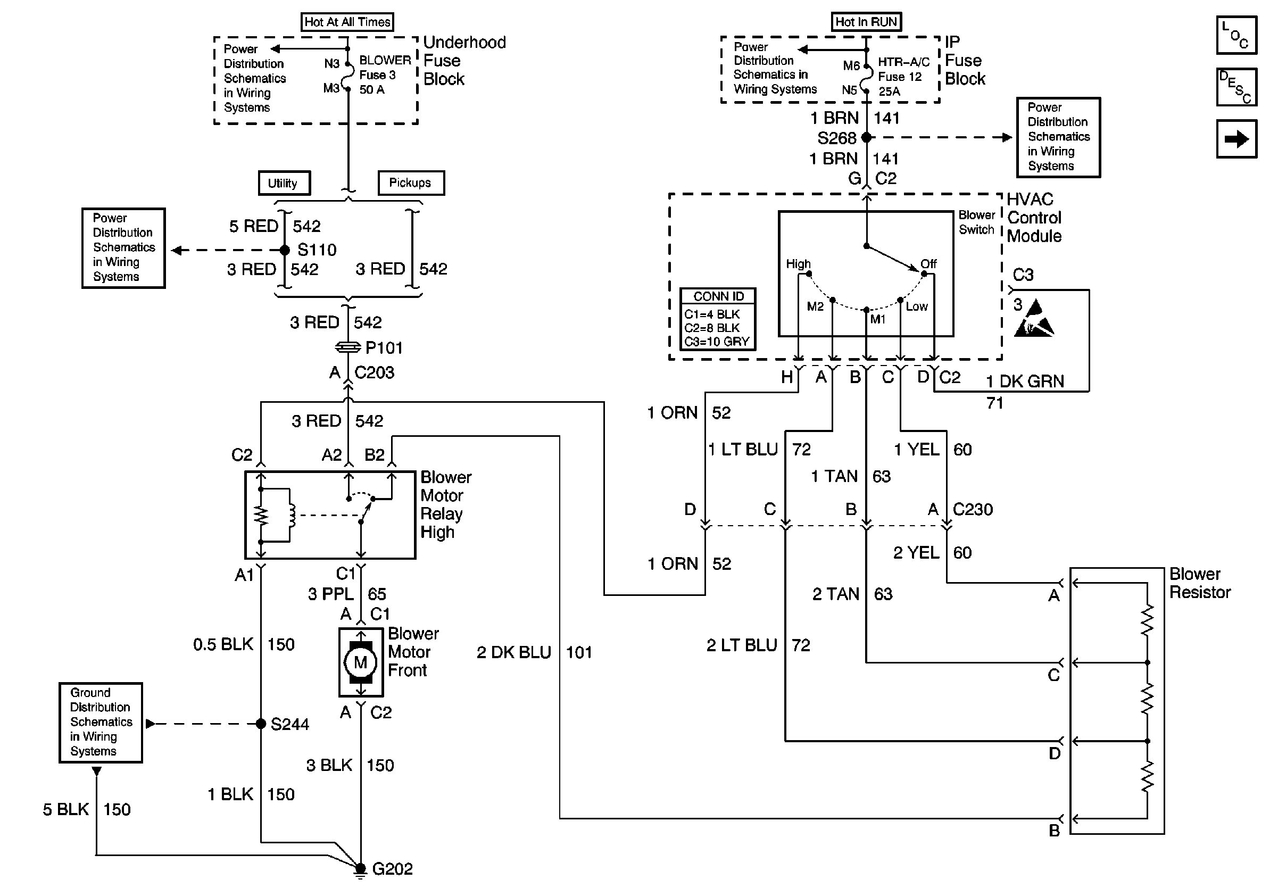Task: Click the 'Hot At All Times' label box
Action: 347,22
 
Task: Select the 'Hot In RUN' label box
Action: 866,22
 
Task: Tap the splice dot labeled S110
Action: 285,250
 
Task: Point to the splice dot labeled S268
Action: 866,137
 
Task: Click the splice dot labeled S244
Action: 261,724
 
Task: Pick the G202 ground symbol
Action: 361,869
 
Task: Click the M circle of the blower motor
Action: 360,662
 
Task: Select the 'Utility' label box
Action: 284,183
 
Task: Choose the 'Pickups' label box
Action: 411,183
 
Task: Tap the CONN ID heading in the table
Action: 718,296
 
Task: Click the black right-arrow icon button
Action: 1236,138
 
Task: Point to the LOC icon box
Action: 1236,35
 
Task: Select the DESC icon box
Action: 1236,87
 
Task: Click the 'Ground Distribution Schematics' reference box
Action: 101,722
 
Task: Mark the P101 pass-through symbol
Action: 348,347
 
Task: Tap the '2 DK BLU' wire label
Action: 513,652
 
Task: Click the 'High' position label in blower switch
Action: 798,264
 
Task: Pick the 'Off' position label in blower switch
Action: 928,264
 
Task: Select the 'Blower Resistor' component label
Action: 1199,583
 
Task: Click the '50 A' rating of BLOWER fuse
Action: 372,89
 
